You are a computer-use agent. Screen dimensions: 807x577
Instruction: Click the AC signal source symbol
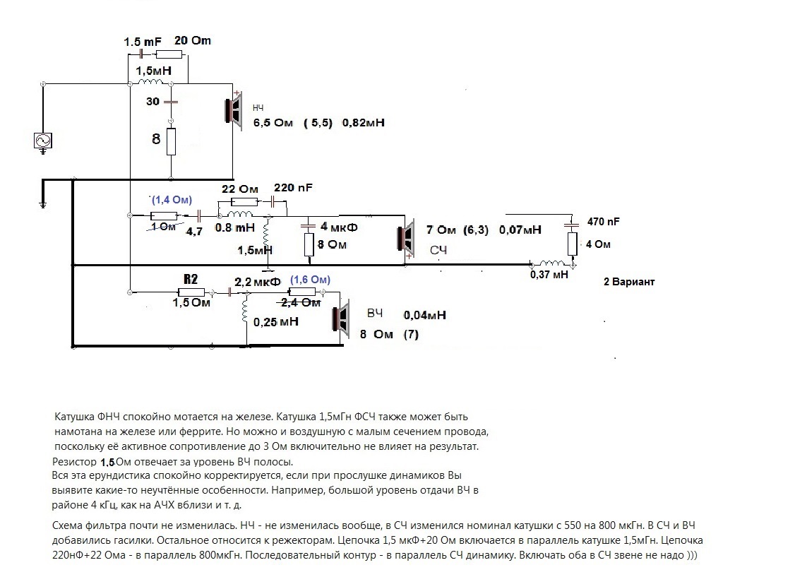[x=43, y=141]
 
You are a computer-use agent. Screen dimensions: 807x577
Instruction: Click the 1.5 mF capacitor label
[x=143, y=42]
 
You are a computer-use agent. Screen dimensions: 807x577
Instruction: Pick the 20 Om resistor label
[x=193, y=41]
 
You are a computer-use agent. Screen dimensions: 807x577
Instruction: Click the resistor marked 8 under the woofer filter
[x=171, y=141]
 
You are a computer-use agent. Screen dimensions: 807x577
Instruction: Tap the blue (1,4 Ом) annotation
[x=172, y=200]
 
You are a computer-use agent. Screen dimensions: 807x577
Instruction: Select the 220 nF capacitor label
[x=293, y=188]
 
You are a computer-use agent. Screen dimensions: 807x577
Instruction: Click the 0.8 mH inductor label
[x=234, y=227]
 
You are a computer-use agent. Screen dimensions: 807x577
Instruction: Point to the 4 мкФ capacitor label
[x=339, y=226]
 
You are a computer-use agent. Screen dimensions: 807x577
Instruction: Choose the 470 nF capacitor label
[x=603, y=222]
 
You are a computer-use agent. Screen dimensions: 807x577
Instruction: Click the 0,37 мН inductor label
[x=549, y=275]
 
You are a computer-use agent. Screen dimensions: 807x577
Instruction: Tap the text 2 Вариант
[x=629, y=282]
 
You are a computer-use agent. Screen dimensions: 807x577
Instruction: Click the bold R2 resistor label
[x=191, y=279]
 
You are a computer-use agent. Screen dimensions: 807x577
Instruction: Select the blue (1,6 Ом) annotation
[x=310, y=280]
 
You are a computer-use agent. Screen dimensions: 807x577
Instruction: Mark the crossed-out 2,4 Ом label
[x=301, y=303]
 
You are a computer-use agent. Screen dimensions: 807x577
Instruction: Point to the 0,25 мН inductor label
[x=276, y=322]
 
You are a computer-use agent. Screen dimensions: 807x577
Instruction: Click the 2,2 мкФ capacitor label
[x=258, y=282]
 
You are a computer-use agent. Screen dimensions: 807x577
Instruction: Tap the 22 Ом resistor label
[x=240, y=189]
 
